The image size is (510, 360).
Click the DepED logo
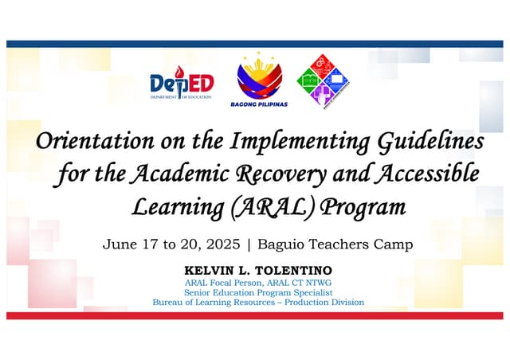(182, 83)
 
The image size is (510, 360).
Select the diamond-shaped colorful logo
(324, 80)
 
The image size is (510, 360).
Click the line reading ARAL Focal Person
(258, 284)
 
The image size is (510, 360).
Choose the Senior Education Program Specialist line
(258, 293)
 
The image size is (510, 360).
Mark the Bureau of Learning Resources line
(258, 303)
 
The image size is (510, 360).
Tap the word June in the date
(116, 245)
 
